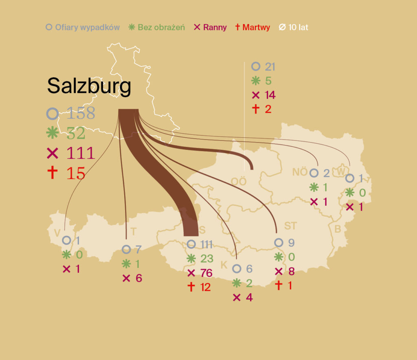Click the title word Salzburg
tap(89, 86)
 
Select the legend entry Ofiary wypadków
tap(87, 28)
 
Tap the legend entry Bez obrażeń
tap(161, 28)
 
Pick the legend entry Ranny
tap(215, 28)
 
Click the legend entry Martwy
tap(256, 28)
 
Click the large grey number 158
tap(81, 113)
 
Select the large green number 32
tap(76, 133)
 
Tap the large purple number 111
tap(81, 153)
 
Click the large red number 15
tap(76, 173)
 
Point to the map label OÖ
tap(239, 181)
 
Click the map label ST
tap(290, 226)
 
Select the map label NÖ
tap(300, 172)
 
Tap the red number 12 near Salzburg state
tap(206, 287)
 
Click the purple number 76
tap(206, 273)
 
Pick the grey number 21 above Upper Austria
tap(270, 67)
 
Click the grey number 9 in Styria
tap(291, 243)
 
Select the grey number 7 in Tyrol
tap(138, 250)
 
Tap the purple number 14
tap(270, 95)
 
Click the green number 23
tap(206, 259)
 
